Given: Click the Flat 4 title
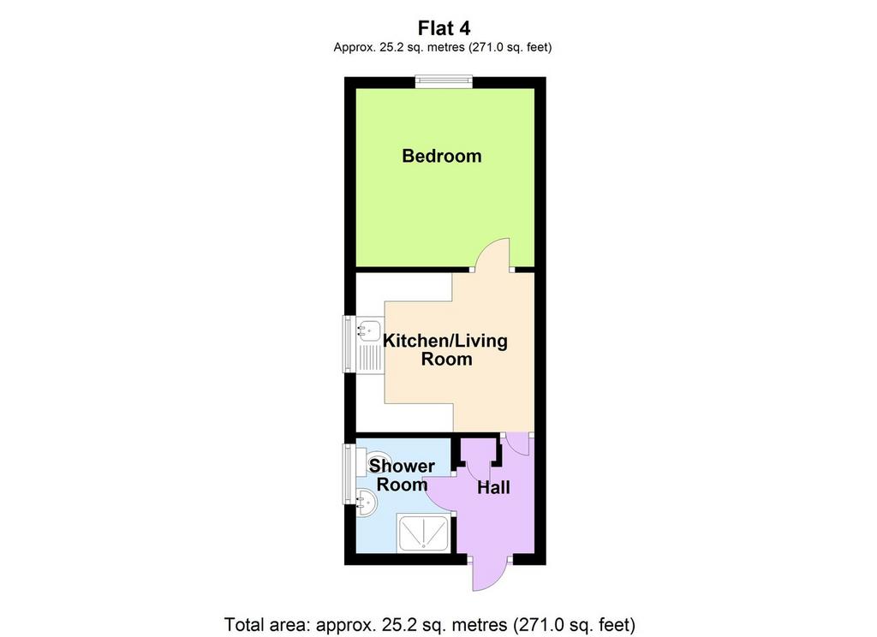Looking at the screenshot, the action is pyautogui.click(x=444, y=28).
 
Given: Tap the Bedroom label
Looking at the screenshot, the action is pyautogui.click(x=441, y=156).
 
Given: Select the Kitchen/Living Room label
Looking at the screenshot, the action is pyautogui.click(x=445, y=349).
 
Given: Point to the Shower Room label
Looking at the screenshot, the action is pyautogui.click(x=402, y=475).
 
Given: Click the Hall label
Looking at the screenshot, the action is pyautogui.click(x=493, y=488).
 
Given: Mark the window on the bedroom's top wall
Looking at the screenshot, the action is pyautogui.click(x=444, y=81).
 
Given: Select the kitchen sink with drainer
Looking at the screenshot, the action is pyautogui.click(x=369, y=346).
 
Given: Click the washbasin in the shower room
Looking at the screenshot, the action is pyautogui.click(x=367, y=503).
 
